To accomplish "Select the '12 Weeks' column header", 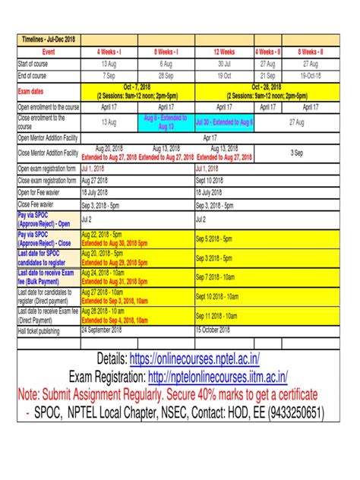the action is (225, 52).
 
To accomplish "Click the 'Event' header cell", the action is (47, 52).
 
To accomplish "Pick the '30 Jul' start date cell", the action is (225, 65).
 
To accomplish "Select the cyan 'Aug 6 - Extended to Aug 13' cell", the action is (167, 122).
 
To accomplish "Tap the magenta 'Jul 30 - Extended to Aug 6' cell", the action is (225, 122).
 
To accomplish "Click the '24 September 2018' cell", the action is (106, 330).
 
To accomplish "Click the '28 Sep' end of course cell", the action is (166, 76).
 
